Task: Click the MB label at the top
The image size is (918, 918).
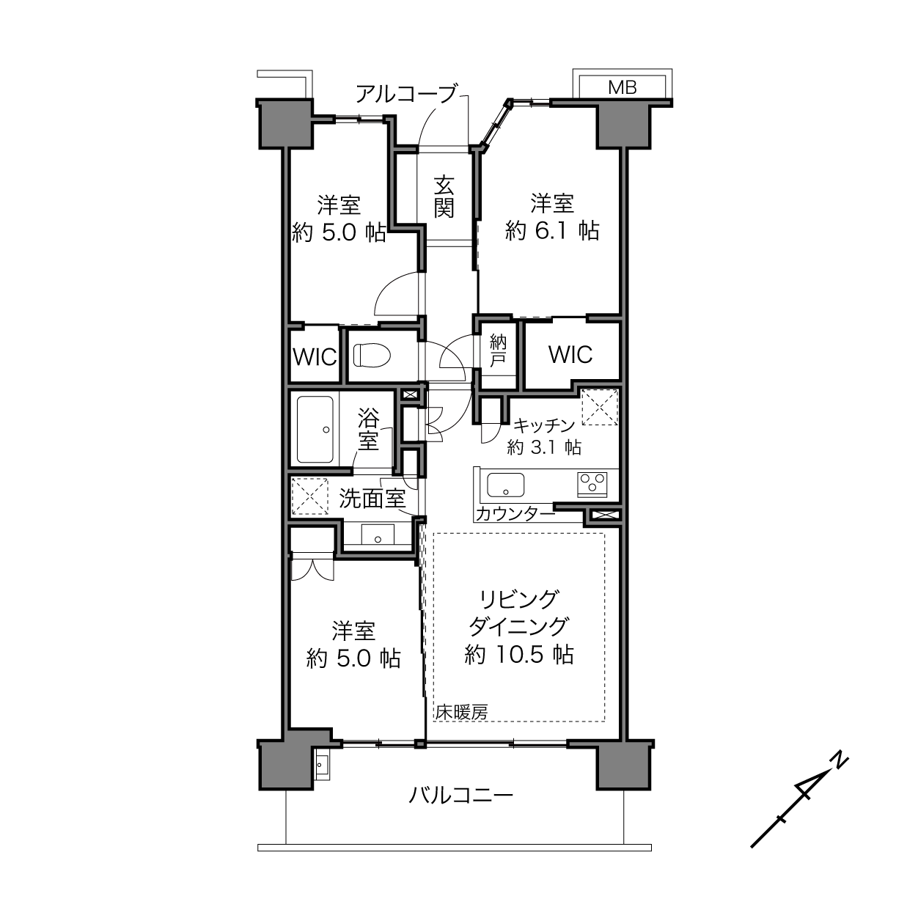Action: tap(623, 88)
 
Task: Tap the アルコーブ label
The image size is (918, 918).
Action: tap(406, 94)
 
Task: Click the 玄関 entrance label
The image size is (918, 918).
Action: tap(444, 197)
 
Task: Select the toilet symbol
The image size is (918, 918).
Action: tap(372, 356)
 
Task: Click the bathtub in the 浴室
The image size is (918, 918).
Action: tap(315, 430)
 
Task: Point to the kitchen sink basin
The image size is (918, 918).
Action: tap(505, 485)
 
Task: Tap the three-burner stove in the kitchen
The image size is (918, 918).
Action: tap(592, 485)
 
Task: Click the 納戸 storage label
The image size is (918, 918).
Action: tap(498, 350)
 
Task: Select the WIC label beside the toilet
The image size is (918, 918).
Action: tap(315, 357)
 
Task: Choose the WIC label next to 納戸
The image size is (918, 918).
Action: tap(570, 354)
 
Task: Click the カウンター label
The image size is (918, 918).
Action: tap(515, 514)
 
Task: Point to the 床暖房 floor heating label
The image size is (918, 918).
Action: tap(462, 726)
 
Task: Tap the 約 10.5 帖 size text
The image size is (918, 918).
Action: tap(519, 656)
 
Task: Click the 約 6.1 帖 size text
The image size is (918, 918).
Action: tap(552, 231)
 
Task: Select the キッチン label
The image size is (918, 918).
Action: tap(544, 425)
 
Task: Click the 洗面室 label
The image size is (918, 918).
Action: tap(372, 499)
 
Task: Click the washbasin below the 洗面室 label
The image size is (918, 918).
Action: tap(378, 535)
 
